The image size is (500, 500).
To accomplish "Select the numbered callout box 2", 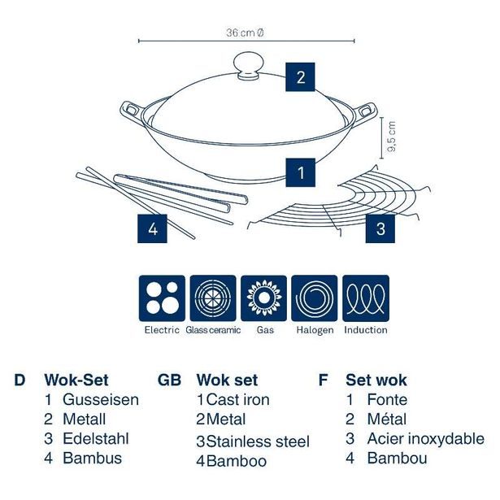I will [x=300, y=78].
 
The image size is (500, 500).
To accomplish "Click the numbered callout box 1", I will [x=301, y=172].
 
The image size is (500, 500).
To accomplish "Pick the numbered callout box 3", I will [x=380, y=228].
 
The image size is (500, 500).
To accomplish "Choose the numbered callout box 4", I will [x=152, y=228].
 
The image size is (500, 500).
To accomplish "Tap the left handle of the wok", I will [x=131, y=109].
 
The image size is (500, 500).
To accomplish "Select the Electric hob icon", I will [x=162, y=298].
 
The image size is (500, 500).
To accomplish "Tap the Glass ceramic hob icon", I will [x=211, y=298].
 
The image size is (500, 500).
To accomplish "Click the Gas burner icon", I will [x=264, y=298].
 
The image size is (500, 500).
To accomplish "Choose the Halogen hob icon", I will [x=315, y=298].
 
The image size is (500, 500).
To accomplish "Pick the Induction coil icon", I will [x=365, y=298].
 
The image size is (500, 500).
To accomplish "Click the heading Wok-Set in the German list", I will [x=76, y=380].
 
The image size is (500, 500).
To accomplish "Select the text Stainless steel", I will [x=258, y=442].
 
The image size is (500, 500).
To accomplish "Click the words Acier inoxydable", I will [x=425, y=439].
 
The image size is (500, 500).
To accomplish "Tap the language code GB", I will [x=169, y=380].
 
